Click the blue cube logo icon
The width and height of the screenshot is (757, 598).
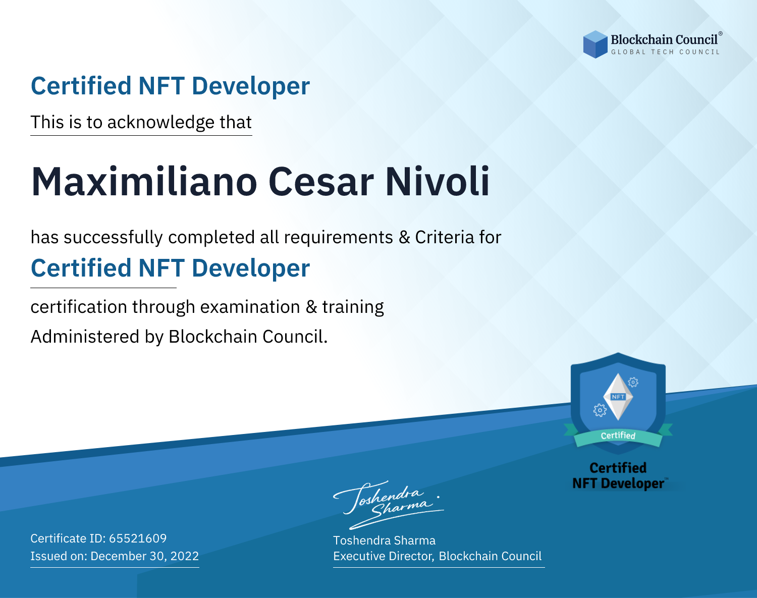click(595, 44)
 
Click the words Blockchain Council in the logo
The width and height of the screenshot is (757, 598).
click(664, 39)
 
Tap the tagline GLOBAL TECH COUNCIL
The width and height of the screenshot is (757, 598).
click(666, 52)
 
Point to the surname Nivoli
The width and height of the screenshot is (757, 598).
click(438, 182)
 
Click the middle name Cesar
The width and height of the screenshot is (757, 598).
click(321, 182)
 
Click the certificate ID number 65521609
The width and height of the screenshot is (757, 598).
click(138, 538)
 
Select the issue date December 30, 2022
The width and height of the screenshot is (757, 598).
click(144, 556)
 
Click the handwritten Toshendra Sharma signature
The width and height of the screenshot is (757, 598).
click(388, 505)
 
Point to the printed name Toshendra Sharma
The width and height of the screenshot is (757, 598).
click(384, 540)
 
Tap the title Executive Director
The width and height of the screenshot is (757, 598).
click(383, 556)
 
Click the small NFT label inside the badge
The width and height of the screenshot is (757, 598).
click(618, 397)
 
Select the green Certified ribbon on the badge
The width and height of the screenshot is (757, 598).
click(618, 436)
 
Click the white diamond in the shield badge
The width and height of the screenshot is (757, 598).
click(618, 397)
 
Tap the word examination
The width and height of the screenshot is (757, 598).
click(250, 307)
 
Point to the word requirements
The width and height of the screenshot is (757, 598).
click(339, 238)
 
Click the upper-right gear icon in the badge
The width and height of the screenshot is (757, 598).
click(633, 382)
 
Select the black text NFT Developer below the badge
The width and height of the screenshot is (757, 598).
click(618, 483)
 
